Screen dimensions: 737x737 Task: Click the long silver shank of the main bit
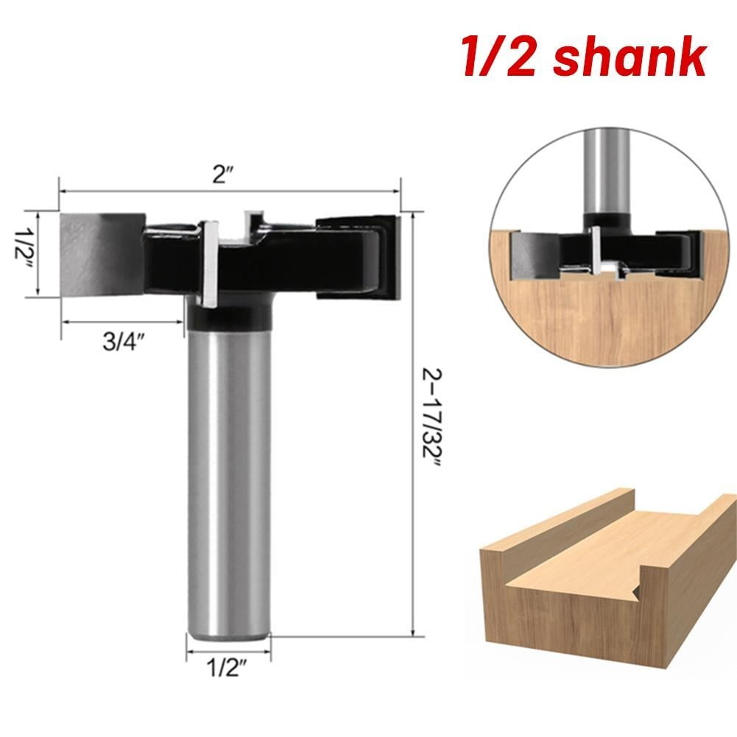pyautogui.click(x=228, y=479)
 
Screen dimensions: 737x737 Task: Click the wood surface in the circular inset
pyautogui.click(x=604, y=324)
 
